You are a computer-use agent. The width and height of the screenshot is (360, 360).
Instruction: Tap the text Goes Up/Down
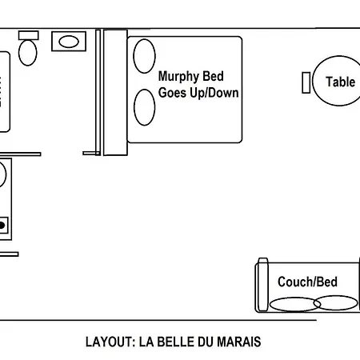pyautogui.click(x=199, y=93)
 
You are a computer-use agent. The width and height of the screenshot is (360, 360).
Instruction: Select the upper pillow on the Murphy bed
pyautogui.click(x=144, y=56)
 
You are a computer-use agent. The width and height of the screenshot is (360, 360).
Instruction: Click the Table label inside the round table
pyautogui.click(x=340, y=82)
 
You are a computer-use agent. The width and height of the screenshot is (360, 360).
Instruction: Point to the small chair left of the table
pyautogui.click(x=306, y=82)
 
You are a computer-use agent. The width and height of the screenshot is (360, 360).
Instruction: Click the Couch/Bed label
pyautogui.click(x=307, y=282)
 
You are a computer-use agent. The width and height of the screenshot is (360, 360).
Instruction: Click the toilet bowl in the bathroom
pyautogui.click(x=29, y=53)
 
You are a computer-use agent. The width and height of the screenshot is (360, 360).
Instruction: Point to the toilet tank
pyautogui.click(x=29, y=35)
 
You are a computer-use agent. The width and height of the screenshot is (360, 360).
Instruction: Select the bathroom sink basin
pyautogui.click(x=70, y=41)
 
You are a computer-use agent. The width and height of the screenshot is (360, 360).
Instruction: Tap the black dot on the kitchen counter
pyautogui.click(x=2, y=226)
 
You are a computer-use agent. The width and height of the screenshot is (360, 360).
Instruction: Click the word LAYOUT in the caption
pyautogui.click(x=109, y=342)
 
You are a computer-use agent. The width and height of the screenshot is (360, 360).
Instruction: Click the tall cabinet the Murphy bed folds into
pyautogui.click(x=115, y=92)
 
